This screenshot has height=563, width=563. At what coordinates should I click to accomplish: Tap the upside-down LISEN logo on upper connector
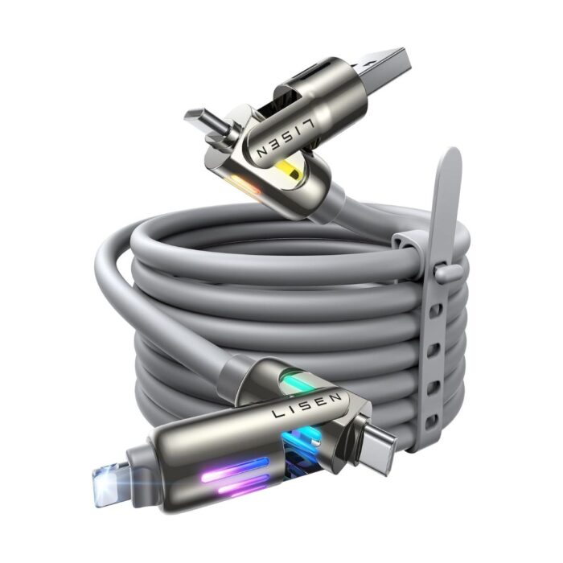pos(286,138)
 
